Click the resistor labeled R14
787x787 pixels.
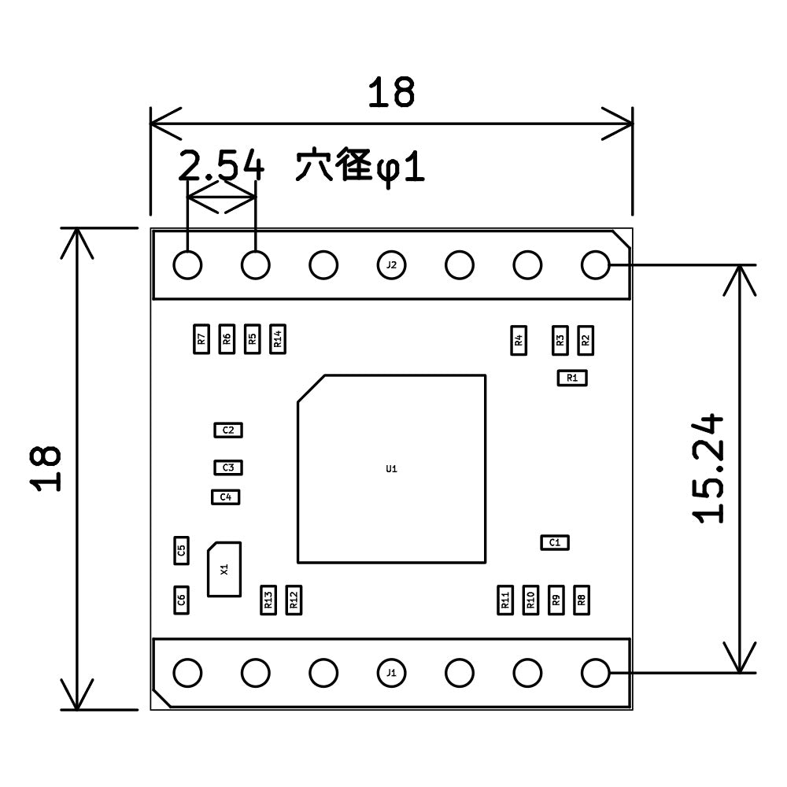click(x=278, y=339)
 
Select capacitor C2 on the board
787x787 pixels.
click(x=228, y=430)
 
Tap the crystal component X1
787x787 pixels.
click(x=224, y=569)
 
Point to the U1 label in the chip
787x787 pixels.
click(x=391, y=469)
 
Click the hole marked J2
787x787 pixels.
click(x=391, y=265)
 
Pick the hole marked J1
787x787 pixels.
click(x=391, y=673)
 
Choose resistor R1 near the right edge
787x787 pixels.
click(x=572, y=378)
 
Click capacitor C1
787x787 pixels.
click(x=555, y=542)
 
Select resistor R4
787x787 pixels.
click(x=519, y=340)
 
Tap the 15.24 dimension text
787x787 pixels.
click(x=708, y=468)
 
